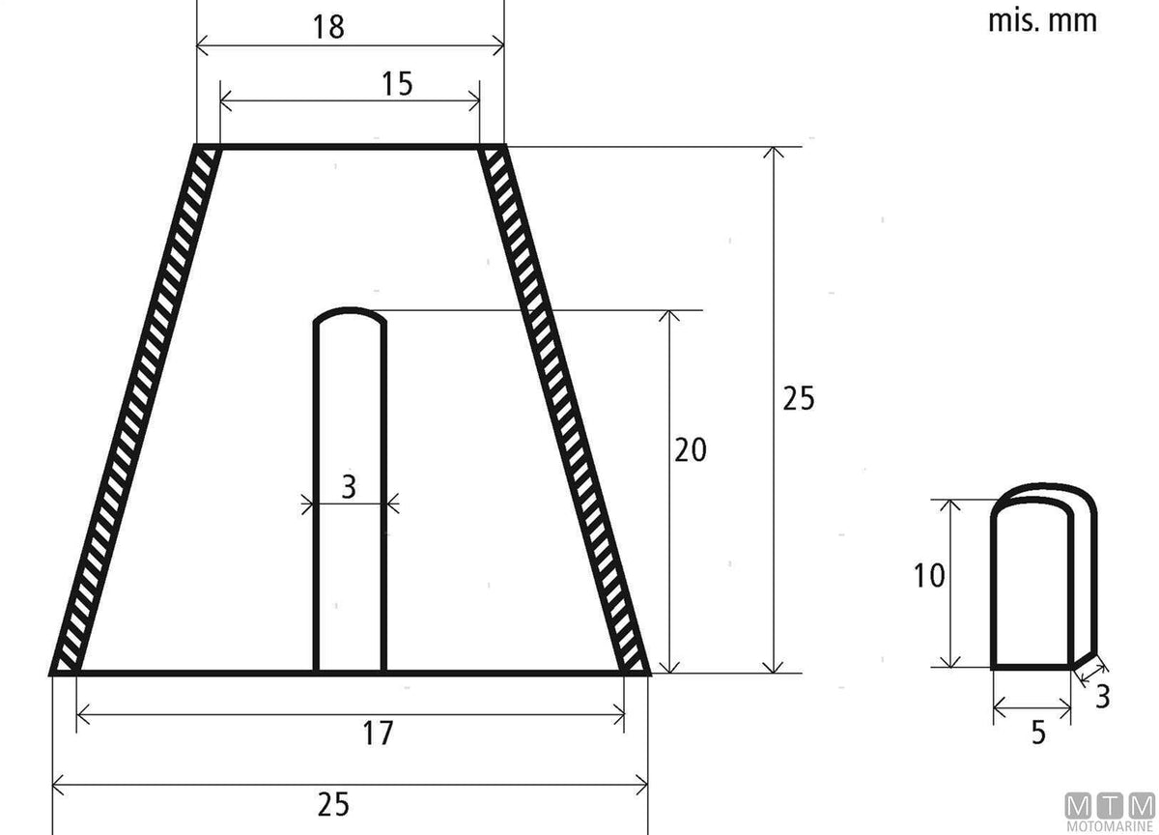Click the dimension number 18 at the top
tap(328, 27)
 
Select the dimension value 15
tap(397, 84)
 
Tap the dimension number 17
tap(378, 733)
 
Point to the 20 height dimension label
tap(691, 449)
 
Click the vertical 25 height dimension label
tap(799, 398)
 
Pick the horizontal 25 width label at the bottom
tap(333, 805)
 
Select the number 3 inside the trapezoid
tap(350, 487)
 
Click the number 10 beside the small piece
tap(929, 576)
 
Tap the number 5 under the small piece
tap(1038, 733)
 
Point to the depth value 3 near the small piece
tap(1103, 697)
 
